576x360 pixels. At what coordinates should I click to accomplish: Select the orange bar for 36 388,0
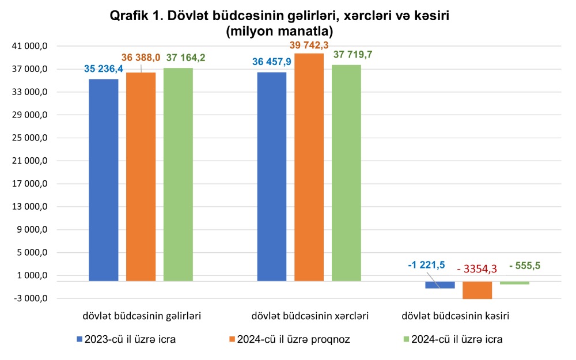click(141, 176)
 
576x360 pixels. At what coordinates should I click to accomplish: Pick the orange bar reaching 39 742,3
click(309, 167)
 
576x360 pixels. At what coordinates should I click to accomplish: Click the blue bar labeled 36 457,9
click(272, 176)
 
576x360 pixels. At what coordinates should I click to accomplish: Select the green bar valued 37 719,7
click(346, 173)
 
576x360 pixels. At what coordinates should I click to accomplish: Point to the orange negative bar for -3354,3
click(477, 290)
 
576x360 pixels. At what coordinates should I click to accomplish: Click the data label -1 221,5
click(426, 265)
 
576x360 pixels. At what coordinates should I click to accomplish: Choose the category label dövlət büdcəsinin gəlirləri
click(141, 316)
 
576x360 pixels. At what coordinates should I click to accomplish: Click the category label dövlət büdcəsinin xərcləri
click(310, 316)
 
